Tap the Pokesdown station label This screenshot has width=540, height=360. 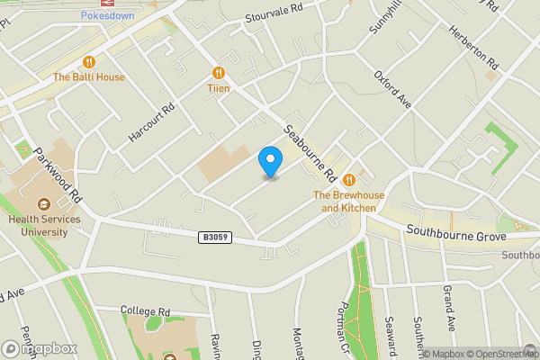(x=107, y=15)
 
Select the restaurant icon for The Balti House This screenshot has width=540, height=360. (x=89, y=62)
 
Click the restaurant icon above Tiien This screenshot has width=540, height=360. (x=219, y=73)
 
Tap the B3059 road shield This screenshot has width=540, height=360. (x=216, y=237)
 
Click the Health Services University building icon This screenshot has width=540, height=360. (x=45, y=201)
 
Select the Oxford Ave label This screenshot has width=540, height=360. (x=393, y=90)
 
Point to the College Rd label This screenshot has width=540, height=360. (x=146, y=311)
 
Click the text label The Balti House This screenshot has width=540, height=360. (x=89, y=77)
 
